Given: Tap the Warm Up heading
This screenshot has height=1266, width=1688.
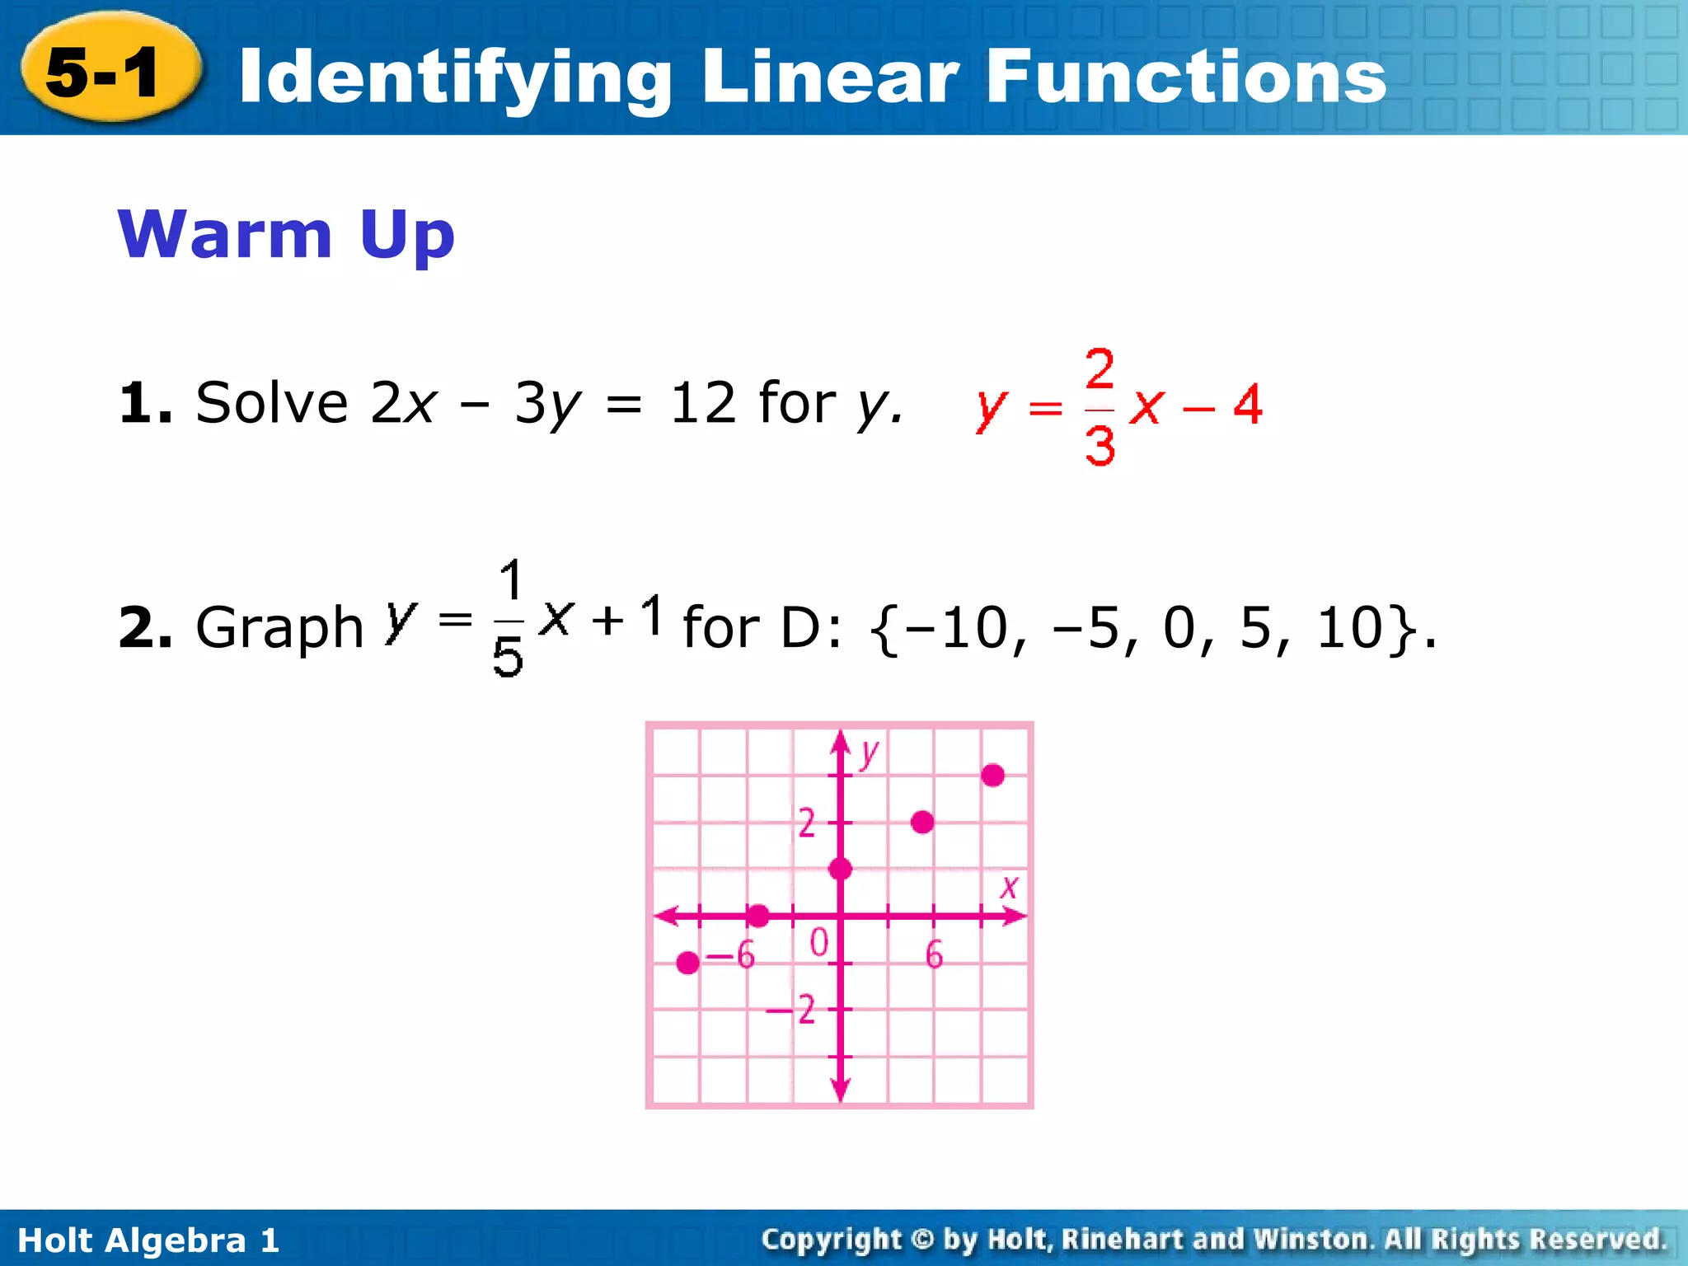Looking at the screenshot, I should pos(286,235).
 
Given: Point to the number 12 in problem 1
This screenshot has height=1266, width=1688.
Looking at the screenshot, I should pos(702,404).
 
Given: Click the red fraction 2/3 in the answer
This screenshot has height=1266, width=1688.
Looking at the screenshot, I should pos(1100,407).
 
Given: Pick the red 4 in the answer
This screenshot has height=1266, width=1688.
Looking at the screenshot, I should pos(1247,406).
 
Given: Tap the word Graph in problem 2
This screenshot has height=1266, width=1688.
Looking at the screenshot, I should pos(279,628).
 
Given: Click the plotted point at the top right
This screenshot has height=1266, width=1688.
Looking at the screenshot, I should pos(992,776).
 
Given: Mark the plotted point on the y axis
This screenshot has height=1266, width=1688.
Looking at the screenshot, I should pos(840,869).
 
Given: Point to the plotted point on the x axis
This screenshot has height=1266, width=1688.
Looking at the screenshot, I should pos(758,915).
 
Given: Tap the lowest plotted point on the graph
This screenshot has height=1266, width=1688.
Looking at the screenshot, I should pos(688,962).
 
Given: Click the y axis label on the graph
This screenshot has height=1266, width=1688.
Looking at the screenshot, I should pos(869,753).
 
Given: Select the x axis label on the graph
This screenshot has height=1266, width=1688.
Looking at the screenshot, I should pos(1009,888).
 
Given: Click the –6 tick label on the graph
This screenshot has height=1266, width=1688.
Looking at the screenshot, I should pos(732,956).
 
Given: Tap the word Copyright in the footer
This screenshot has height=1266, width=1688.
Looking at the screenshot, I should pos(831,1240).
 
